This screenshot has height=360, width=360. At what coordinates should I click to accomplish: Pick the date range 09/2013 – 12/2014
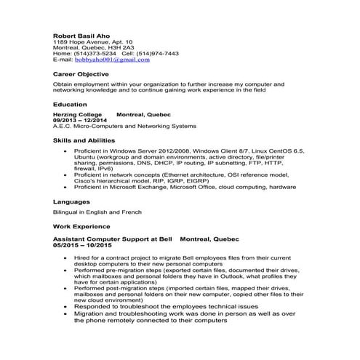80,120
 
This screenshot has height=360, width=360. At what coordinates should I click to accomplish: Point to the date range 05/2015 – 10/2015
83,244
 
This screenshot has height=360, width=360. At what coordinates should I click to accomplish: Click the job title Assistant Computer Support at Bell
113,239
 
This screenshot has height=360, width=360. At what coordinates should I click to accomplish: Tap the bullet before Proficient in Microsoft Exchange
67,186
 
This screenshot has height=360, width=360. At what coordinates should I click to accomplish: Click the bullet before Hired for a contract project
67,257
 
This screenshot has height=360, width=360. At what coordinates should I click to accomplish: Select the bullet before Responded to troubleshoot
67,306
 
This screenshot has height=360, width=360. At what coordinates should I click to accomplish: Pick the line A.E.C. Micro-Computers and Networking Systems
114,126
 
